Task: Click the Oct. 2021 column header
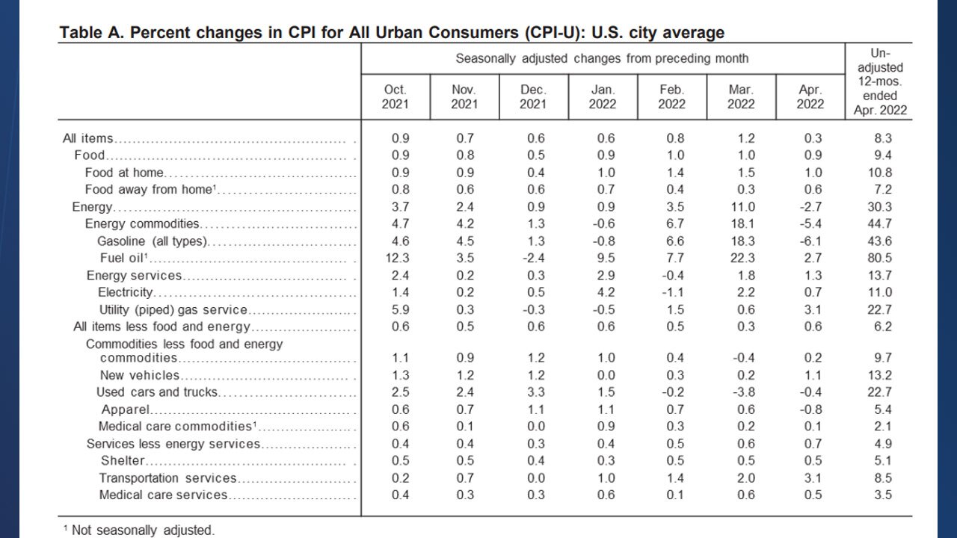pyautogui.click(x=395, y=96)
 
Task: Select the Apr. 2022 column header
pyautogui.click(x=810, y=96)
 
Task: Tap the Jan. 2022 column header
pyautogui.click(x=603, y=96)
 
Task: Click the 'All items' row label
pyautogui.click(x=88, y=138)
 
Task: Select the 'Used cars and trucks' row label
pyautogui.click(x=157, y=392)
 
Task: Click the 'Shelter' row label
pyautogui.click(x=123, y=460)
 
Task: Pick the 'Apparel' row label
pyautogui.click(x=126, y=409)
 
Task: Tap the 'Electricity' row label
pyautogui.click(x=126, y=292)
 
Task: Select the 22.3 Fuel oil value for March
pyautogui.click(x=741, y=259)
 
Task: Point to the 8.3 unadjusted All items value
pyautogui.click(x=883, y=138)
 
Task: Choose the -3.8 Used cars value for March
pyautogui.click(x=741, y=392)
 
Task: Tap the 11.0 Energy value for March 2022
pyautogui.click(x=741, y=207)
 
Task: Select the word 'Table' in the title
pyautogui.click(x=81, y=33)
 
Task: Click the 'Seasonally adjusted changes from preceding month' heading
pyautogui.click(x=602, y=58)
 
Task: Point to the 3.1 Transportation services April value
pyautogui.click(x=810, y=478)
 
